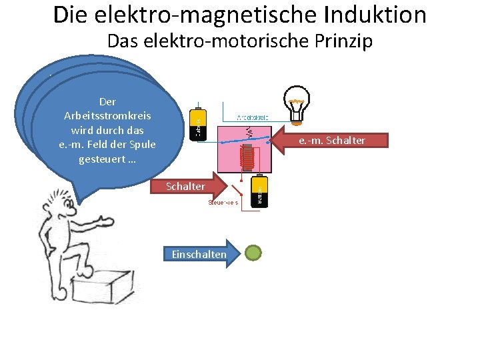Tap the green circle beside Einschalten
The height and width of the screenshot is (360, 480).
point(254,253)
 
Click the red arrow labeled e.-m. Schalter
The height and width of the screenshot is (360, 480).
point(326,141)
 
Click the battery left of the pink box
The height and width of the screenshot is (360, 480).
point(198,125)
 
